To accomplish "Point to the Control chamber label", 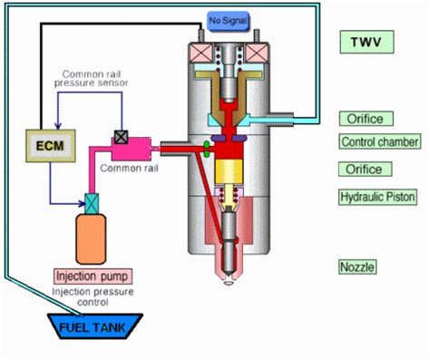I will pyautogui.click(x=379, y=142).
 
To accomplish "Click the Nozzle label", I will pyautogui.click(x=357, y=268).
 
